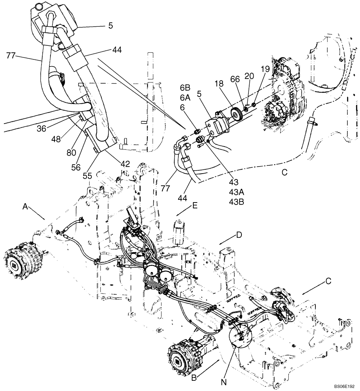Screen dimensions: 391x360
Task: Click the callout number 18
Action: [219, 84]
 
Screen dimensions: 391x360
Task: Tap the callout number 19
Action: [265, 69]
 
